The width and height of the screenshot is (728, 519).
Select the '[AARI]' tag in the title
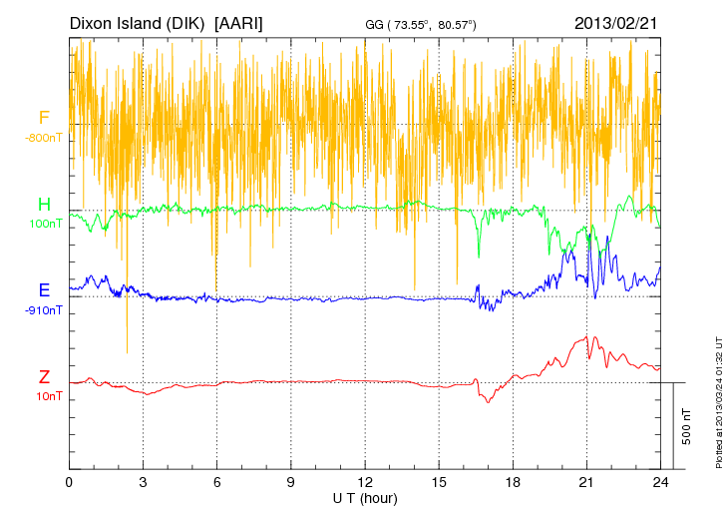point(238,22)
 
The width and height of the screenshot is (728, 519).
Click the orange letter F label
point(44,118)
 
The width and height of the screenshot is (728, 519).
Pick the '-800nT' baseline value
point(45,138)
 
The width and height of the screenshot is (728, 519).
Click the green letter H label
point(44,205)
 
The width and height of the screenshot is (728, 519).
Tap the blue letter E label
point(44,290)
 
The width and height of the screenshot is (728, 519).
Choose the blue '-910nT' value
point(45,310)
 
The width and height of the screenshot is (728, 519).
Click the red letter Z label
point(44,377)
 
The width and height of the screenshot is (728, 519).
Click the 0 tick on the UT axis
point(70,483)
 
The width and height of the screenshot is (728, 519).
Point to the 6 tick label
point(217,483)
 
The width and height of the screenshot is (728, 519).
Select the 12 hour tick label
point(365,483)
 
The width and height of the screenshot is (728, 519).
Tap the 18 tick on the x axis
point(513,483)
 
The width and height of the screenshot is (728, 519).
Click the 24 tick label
point(660,483)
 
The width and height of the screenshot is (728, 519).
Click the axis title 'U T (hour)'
point(365,498)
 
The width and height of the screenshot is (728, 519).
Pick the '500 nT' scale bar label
point(687,425)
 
